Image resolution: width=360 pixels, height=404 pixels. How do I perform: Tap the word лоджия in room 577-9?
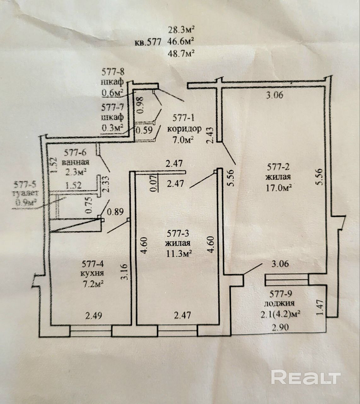click(279, 303)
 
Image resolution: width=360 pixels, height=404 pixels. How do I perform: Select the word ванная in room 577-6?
click(76, 163)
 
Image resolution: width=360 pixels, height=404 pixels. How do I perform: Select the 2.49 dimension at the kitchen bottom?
click(94, 315)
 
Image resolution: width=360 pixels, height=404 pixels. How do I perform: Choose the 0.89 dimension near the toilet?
click(115, 211)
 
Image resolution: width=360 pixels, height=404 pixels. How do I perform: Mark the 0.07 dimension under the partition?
click(154, 184)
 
